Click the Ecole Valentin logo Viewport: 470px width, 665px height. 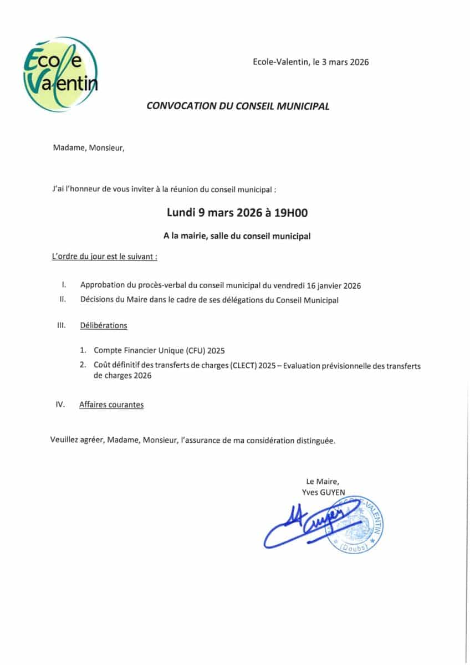60,74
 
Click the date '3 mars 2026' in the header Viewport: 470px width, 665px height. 345,62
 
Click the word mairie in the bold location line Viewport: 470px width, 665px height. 192,236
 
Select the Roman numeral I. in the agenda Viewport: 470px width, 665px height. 64,285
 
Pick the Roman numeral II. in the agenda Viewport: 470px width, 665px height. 63,300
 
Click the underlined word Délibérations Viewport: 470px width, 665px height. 104,326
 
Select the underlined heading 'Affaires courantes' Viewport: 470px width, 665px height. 111,405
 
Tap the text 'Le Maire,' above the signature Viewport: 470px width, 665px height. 322,481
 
